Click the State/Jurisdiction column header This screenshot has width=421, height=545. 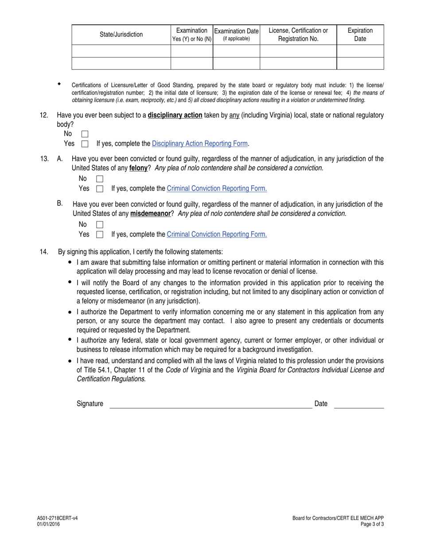[121, 35]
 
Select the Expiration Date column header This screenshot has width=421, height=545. [360, 35]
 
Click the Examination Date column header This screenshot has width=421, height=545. [236, 35]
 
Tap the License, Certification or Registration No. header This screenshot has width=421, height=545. [298, 35]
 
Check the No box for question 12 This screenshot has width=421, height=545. [85, 134]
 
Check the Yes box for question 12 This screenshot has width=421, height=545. [85, 144]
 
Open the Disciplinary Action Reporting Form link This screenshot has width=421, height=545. [199, 144]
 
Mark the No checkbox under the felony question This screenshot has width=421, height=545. [100, 179]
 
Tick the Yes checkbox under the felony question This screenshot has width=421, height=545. [100, 189]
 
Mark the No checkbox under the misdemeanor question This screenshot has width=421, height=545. [100, 225]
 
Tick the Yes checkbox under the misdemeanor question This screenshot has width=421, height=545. [100, 234]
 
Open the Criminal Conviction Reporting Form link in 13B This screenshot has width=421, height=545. [217, 234]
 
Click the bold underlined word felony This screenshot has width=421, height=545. [138, 168]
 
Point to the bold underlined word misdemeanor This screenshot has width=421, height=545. [150, 214]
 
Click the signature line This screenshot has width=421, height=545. [210, 404]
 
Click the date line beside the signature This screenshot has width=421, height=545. [359, 404]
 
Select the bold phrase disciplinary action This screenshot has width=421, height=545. [175, 115]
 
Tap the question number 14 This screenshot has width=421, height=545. [44, 252]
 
